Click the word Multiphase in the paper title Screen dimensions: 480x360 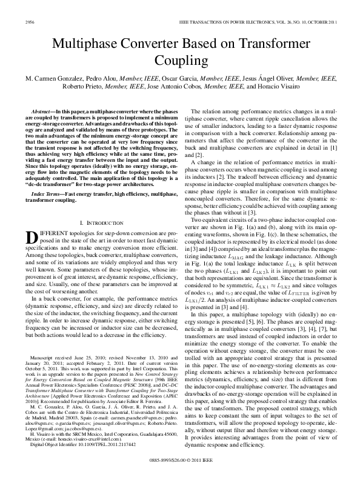(89, 44)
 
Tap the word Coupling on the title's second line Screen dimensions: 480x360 (180, 61)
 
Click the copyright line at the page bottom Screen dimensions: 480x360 (180, 461)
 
